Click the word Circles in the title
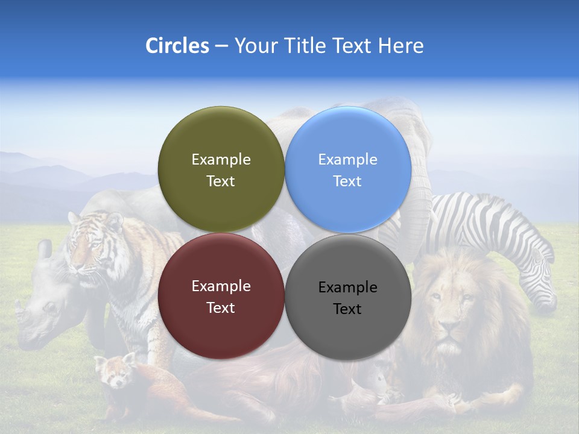pos(177,46)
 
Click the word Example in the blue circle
pos(347,160)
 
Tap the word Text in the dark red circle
pos(221,308)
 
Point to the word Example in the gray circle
pos(347,288)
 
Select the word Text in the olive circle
pos(221,181)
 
